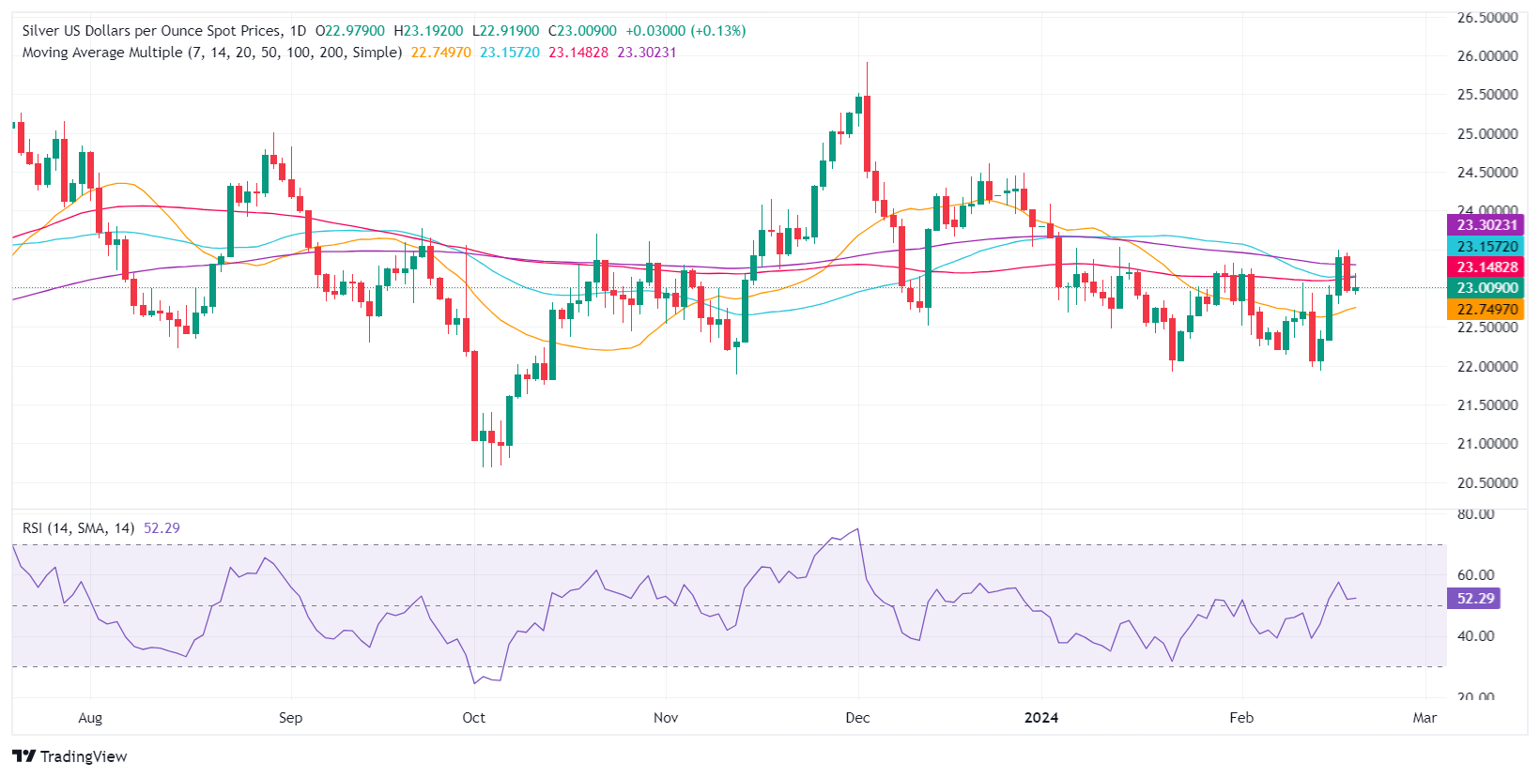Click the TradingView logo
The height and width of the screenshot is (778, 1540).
click(70, 756)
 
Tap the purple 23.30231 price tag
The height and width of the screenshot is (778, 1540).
click(1486, 225)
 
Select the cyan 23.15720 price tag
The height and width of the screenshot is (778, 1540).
click(1486, 247)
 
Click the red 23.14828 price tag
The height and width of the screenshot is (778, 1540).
click(1486, 267)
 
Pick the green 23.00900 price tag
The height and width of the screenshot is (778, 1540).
click(1486, 288)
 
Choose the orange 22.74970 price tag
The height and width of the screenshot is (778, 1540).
click(1486, 310)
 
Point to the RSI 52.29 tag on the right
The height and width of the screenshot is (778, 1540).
click(1475, 599)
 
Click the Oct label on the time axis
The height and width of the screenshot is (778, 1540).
click(473, 718)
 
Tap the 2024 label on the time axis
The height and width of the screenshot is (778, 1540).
click(1040, 718)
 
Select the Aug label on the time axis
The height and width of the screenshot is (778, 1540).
click(90, 718)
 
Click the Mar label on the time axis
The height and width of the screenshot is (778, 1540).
click(1424, 718)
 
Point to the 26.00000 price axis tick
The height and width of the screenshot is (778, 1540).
click(1486, 56)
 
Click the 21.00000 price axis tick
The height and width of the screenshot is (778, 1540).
click(1486, 444)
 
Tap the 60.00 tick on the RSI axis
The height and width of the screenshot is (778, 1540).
click(1475, 575)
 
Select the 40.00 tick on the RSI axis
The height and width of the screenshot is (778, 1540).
click(1475, 636)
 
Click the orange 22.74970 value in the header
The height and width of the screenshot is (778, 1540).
click(441, 53)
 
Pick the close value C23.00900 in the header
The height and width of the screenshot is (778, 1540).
click(582, 31)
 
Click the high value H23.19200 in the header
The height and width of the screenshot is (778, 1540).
click(428, 31)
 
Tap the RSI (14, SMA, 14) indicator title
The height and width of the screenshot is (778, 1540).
click(78, 528)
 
